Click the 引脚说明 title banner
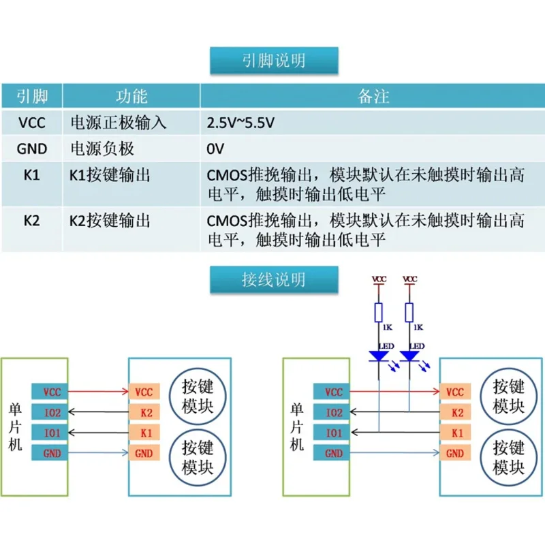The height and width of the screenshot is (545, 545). coord(274,61)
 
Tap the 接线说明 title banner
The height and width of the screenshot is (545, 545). coord(274,279)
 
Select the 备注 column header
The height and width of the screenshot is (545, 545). coord(373,96)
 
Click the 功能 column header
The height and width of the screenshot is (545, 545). coord(131,96)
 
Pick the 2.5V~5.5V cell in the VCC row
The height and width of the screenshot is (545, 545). coord(240,123)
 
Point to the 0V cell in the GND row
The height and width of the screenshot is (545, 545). coord(215,149)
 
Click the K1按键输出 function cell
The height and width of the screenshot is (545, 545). coord(110,175)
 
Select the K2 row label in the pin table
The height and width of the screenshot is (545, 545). coord(31,220)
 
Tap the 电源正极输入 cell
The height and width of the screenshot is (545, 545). coord(118,123)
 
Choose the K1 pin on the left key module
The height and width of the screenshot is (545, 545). coord(144,433)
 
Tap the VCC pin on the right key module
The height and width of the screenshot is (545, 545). coord(455,392)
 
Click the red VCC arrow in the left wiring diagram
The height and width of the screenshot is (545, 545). coord(98,392)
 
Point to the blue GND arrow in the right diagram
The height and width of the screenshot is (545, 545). coord(395,452)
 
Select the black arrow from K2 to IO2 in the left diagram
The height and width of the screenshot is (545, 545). coord(98,412)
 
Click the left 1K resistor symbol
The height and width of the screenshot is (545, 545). coord(379,313)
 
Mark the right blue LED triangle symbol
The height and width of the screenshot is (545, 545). coord(409,356)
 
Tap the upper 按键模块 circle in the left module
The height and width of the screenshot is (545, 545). coord(198,396)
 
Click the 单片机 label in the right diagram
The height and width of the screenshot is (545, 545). coord(296,427)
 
